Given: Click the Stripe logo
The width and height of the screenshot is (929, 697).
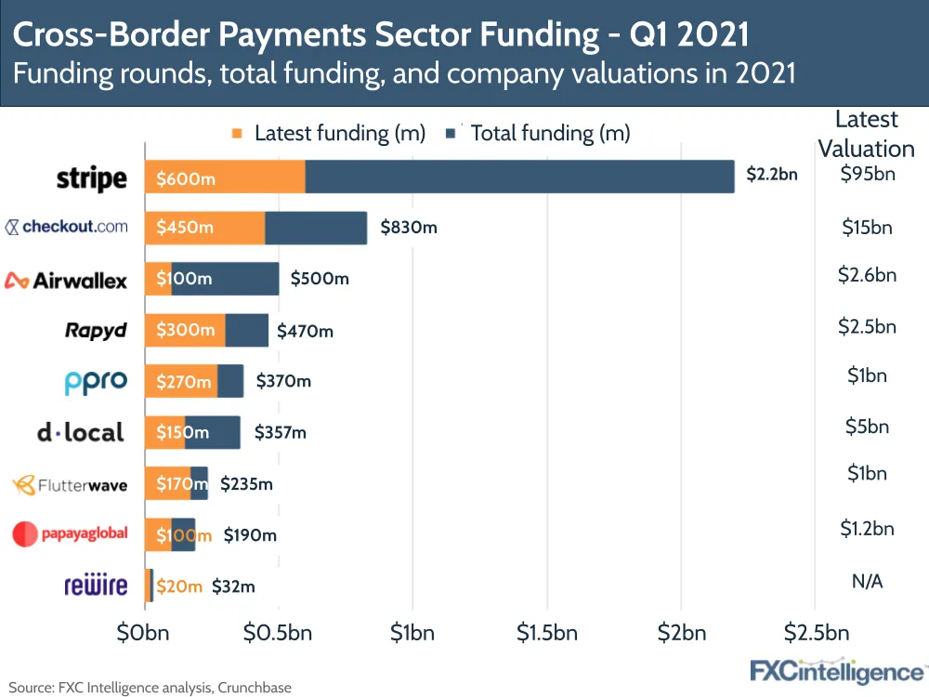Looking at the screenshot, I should tap(91, 178).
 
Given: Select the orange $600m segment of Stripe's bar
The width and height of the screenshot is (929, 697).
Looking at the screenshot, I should tap(225, 178).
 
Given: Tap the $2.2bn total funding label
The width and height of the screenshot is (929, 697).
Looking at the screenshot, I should tap(772, 174).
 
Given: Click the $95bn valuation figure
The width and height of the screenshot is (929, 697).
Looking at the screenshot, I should tap(867, 174).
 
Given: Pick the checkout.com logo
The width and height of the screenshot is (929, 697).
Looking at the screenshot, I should tap(67, 226).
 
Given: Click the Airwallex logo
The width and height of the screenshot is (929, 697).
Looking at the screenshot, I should tap(66, 280).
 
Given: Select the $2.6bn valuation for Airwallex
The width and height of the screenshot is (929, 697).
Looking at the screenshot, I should tap(867, 275).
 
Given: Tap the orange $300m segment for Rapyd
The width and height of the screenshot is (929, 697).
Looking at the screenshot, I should tap(185, 330).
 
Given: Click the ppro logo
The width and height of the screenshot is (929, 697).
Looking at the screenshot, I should tap(95, 381).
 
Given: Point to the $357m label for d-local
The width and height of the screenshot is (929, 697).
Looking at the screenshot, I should tap(280, 432).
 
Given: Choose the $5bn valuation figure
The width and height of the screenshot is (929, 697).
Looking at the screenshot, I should tap(867, 427).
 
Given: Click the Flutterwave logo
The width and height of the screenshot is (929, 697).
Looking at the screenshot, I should tap(70, 484).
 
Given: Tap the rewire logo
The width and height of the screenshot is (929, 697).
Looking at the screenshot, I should tap(95, 585).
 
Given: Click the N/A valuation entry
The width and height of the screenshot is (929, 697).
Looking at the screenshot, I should tap(867, 581).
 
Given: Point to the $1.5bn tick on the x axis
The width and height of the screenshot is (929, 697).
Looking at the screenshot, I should tap(546, 634).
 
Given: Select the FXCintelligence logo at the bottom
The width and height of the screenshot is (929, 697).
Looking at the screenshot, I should tap(836, 670).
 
